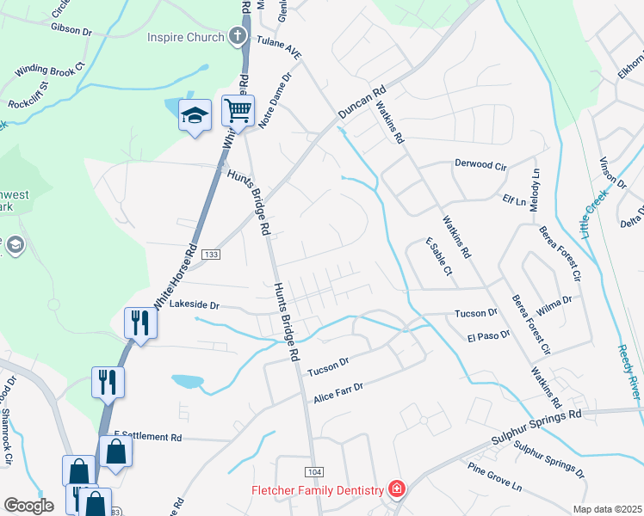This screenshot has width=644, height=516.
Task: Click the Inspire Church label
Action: point(185,37)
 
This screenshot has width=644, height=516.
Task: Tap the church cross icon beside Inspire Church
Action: point(238,37)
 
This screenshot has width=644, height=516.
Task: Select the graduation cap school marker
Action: point(195,114)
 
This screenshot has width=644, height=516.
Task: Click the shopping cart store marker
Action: point(238,110)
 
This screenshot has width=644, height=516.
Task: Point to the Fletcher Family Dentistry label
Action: point(317,490)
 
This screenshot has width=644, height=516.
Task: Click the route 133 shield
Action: point(211,255)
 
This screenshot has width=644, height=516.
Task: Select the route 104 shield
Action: point(313,471)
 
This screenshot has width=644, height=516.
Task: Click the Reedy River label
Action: point(629,371)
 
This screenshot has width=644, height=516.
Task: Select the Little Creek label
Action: point(593,215)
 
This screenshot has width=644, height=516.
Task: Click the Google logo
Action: point(28,506)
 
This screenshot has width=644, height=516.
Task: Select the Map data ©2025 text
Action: point(607,509)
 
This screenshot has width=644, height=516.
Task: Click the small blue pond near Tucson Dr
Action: point(188,381)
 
